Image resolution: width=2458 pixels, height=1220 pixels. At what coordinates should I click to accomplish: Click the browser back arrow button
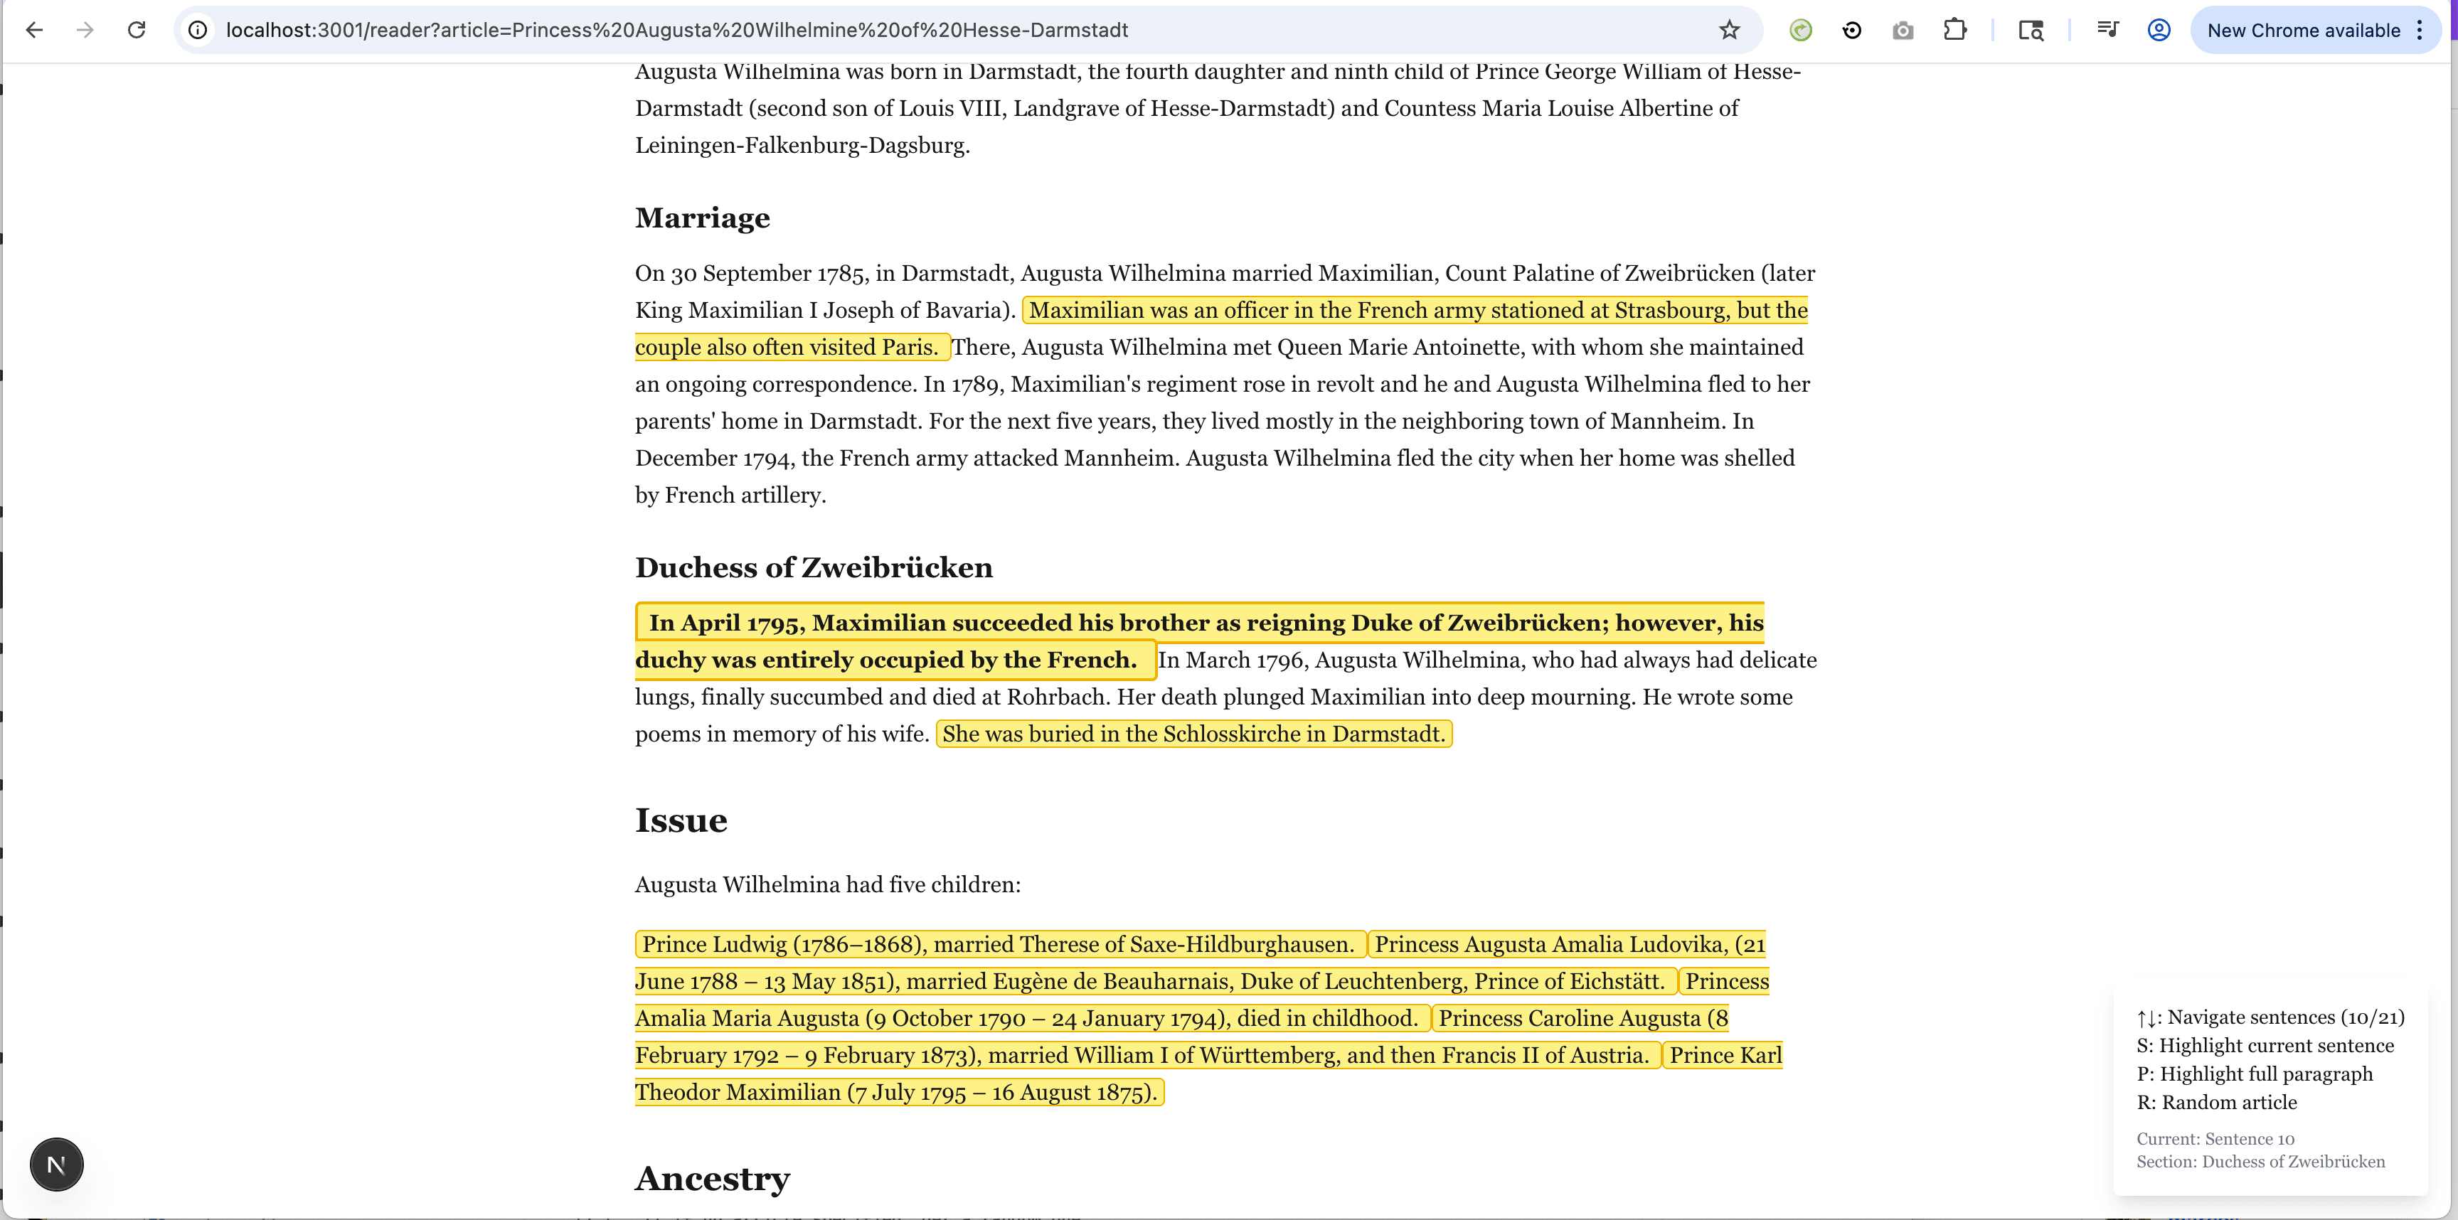tap(34, 31)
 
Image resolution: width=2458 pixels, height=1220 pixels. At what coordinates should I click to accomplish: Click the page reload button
tap(137, 31)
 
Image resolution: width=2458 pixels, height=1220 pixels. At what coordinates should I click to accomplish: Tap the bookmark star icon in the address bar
tap(1729, 31)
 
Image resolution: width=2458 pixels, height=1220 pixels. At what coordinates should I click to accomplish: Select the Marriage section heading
tap(702, 218)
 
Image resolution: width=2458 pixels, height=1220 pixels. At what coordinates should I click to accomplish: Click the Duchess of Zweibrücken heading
tap(813, 567)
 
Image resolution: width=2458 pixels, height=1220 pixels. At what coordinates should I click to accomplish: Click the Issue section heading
tap(681, 820)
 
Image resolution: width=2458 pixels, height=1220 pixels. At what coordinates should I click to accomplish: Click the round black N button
tap(56, 1165)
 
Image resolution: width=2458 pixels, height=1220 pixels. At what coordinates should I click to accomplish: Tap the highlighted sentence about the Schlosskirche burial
tap(1193, 734)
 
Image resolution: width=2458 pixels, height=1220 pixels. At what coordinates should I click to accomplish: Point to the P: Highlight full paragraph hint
tap(2254, 1074)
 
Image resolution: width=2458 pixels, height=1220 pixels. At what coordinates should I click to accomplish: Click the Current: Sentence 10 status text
tap(2215, 1139)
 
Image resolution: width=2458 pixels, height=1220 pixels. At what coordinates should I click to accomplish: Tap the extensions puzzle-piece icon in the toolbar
tap(1954, 31)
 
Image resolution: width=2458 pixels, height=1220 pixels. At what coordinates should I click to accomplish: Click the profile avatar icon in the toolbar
tap(2159, 31)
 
